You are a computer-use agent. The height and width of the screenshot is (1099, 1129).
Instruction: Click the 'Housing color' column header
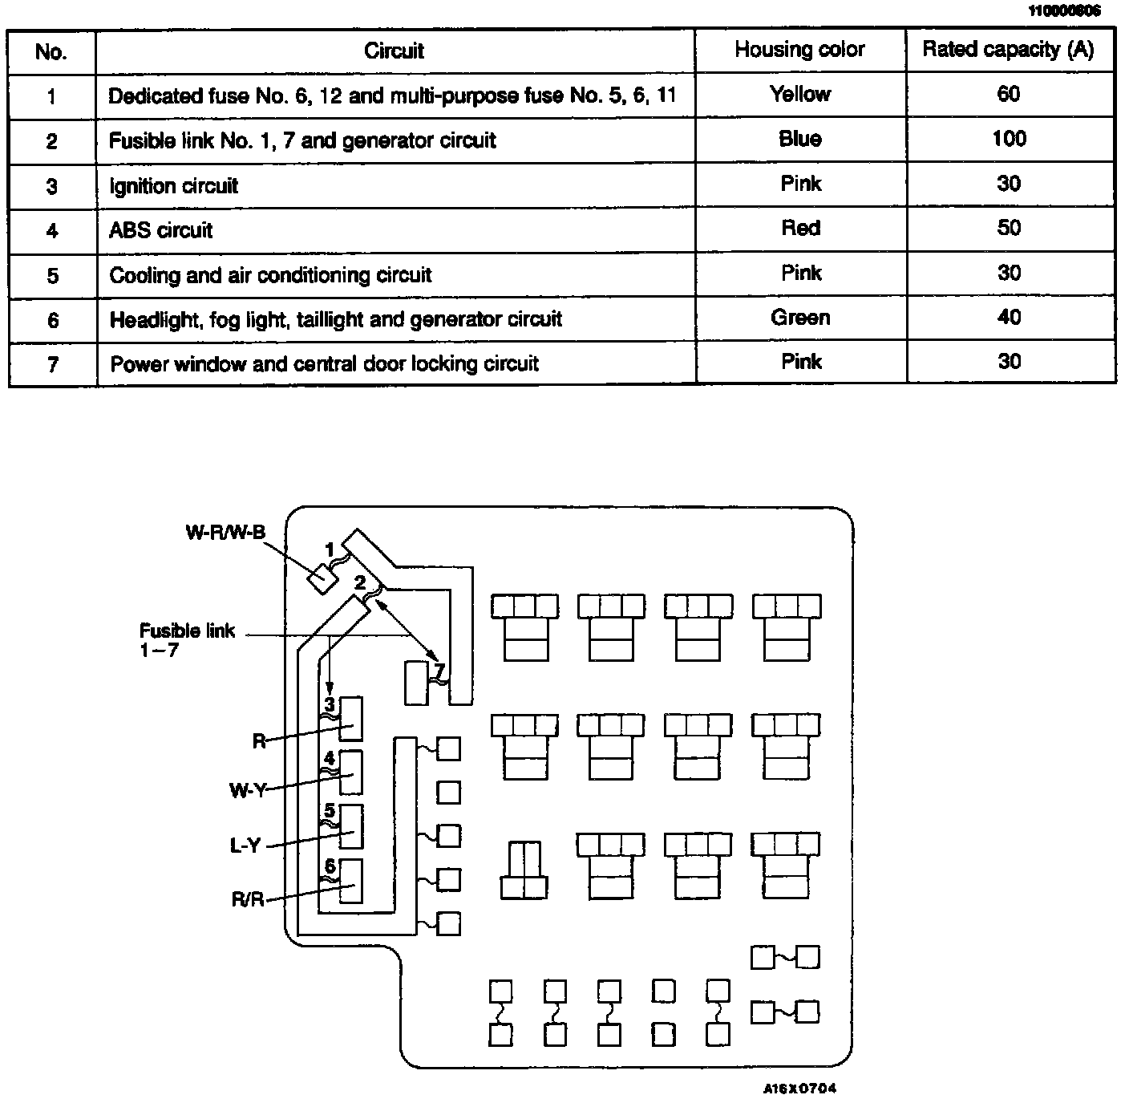799,50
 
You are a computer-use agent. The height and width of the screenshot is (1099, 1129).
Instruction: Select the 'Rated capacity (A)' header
1008,50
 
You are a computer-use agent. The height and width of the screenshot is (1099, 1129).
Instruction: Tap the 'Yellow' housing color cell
799,95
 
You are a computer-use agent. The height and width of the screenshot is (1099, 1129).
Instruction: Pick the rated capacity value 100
1009,140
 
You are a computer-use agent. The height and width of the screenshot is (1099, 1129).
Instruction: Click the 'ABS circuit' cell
161,231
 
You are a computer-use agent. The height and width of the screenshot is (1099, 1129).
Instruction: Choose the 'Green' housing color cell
799,318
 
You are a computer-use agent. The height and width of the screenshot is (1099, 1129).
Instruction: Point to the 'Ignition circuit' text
174,186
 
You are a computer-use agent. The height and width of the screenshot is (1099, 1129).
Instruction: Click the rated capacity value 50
1009,229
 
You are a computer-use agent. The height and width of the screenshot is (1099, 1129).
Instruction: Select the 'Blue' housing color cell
799,140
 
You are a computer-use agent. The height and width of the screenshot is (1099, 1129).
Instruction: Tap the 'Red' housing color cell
800,229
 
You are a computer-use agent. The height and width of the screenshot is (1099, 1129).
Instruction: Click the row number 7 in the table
52,364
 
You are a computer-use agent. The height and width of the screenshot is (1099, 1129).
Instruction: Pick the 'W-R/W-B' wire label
225,533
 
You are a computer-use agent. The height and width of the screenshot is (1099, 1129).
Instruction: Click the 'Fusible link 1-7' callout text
186,640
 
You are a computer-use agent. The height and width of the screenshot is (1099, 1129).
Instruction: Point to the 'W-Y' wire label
247,791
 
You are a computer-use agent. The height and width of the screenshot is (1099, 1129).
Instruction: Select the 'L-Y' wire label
245,846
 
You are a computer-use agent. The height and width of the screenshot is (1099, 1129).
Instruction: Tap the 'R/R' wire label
248,900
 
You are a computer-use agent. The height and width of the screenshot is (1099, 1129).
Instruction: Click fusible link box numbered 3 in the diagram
352,718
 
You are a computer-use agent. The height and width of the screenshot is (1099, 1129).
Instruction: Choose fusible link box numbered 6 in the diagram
352,880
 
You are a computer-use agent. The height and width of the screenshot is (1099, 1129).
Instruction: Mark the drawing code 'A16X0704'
799,1089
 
